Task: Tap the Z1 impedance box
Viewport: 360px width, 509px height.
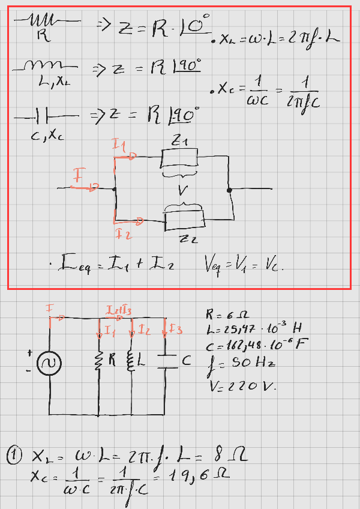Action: tap(180, 159)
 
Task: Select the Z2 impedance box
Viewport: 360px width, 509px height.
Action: tap(185, 220)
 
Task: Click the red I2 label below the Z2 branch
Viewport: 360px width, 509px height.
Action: tap(124, 234)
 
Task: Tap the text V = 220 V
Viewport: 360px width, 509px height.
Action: tap(240, 386)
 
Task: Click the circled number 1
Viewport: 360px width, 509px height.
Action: tap(14, 456)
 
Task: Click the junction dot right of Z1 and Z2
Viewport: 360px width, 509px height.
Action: tap(229, 190)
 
